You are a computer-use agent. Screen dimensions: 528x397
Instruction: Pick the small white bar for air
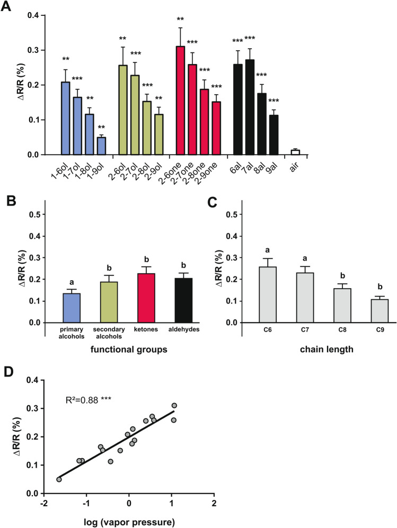(295, 152)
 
